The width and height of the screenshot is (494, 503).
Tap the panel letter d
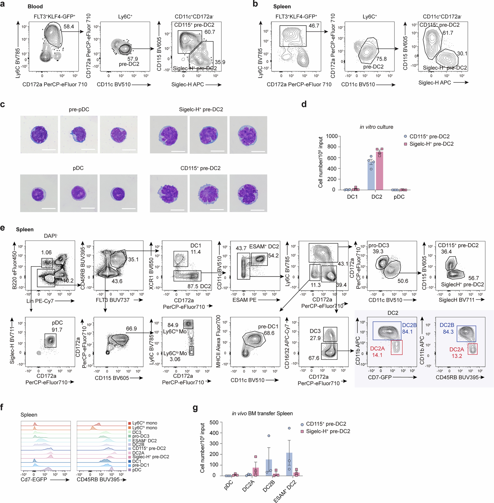304,104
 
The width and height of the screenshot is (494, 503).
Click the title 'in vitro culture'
376,127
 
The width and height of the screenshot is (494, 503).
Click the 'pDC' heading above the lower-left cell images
78,168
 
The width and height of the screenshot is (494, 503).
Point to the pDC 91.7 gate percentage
57,330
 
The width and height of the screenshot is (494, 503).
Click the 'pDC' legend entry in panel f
137,470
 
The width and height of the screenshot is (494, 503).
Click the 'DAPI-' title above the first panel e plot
51,236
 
